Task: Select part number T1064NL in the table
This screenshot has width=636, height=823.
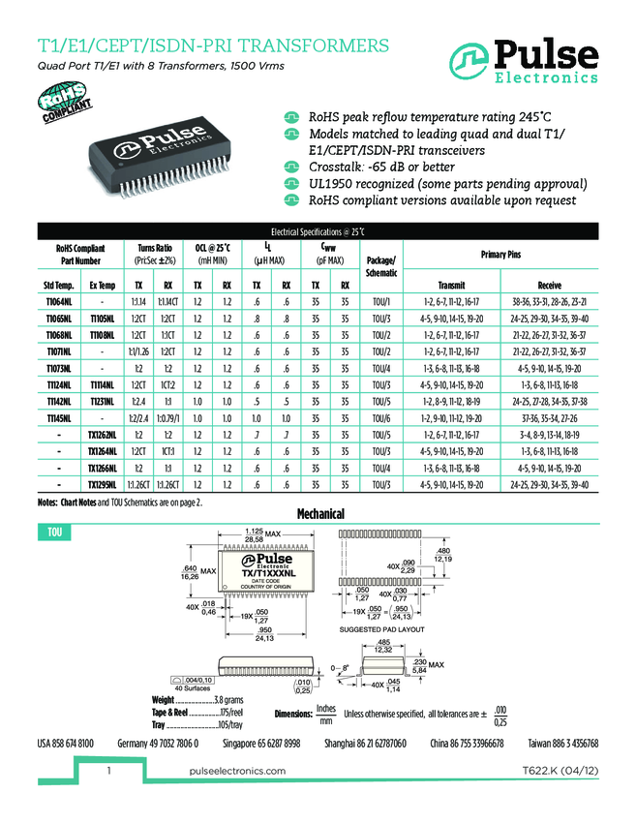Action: coord(59,303)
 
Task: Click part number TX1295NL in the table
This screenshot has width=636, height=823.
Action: coord(103,484)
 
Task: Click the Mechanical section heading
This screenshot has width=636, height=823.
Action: coord(320,513)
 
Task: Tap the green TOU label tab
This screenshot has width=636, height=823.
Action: coord(56,533)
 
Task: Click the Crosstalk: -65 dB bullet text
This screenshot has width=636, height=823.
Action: coord(381,168)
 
